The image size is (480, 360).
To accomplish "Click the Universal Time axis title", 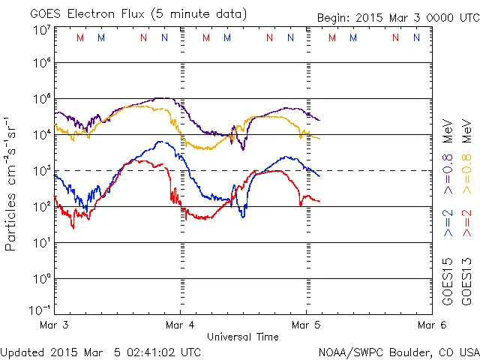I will coord(242,337).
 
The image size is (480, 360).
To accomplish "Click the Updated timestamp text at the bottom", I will coord(100,351).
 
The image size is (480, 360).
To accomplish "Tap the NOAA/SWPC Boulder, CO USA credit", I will coord(398,351).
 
